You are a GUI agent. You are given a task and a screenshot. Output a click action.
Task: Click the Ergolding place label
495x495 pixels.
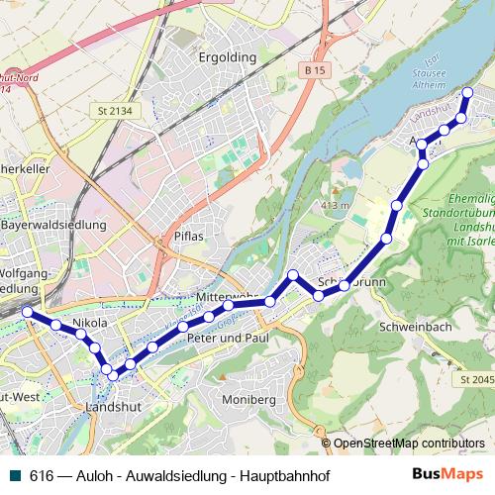click(227, 57)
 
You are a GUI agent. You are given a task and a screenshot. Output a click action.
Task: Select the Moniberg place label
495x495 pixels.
click(248, 399)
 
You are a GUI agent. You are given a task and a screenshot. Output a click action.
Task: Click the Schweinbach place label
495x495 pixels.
click(414, 326)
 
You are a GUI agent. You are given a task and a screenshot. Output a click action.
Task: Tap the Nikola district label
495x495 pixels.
click(89, 323)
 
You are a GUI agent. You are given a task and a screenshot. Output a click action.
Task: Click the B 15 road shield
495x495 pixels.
click(315, 71)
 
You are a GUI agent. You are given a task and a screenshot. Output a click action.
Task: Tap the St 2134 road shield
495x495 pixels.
click(117, 110)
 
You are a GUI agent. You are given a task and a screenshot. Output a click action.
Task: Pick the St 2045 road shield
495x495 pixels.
click(476, 379)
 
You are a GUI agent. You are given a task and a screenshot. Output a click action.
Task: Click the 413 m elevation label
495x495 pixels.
click(337, 205)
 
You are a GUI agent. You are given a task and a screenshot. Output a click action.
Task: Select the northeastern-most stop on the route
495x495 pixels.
click(468, 93)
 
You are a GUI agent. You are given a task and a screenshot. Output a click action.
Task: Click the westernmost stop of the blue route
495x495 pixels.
click(27, 312)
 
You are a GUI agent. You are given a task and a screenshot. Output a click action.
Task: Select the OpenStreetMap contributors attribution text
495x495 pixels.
click(409, 444)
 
